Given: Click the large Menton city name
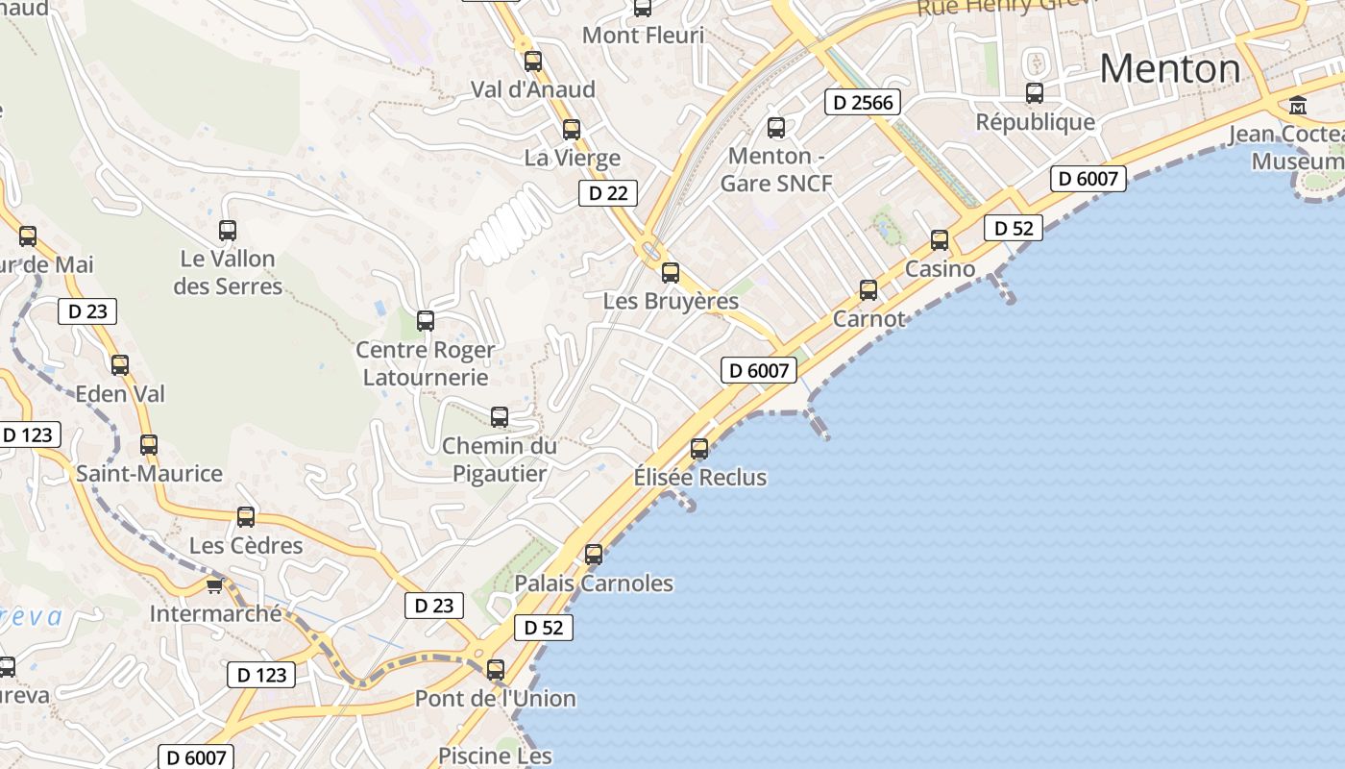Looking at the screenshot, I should coord(1170,68).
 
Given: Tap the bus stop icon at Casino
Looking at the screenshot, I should coord(940,240).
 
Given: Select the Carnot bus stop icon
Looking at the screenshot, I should coord(868,289).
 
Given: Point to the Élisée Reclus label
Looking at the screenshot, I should coord(700,477).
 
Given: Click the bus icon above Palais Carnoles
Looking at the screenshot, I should coord(594,554).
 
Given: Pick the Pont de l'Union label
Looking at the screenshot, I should coord(496,698).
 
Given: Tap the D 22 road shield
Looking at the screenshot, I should coord(608,193).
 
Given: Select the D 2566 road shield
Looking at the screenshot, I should coord(862,102).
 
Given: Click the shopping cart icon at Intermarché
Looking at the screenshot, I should coord(214,584).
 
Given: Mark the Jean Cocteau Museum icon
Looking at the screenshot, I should coord(1298,105).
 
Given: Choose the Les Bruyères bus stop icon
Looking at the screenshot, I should coord(671,272).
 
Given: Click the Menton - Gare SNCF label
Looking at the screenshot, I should coord(776,169).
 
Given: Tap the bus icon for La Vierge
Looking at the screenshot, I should coord(572,129).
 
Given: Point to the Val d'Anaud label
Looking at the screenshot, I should coord(533,89).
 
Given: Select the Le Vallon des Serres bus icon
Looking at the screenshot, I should coord(228,230).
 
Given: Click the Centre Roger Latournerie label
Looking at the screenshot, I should coord(426,363).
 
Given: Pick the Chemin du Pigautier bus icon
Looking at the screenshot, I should coord(500,416).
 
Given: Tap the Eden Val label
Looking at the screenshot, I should coord(120,393).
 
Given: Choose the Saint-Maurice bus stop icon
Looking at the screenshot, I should coord(149,445).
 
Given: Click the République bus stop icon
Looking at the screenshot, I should coord(1035,93).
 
